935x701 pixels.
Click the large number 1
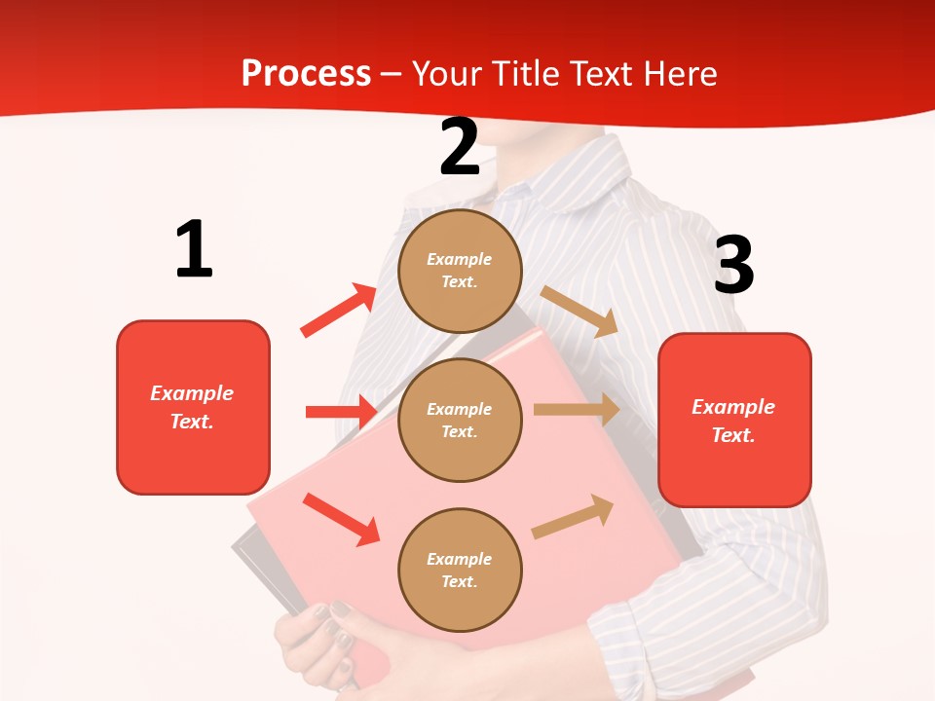coord(194,249)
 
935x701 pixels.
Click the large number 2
coord(460,147)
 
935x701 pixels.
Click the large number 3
coord(733,265)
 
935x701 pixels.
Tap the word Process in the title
coord(306,73)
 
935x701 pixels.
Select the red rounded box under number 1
coord(193,407)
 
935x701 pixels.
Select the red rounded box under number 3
coord(734,421)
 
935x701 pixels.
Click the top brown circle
coord(460,271)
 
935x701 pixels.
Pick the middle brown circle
coord(460,420)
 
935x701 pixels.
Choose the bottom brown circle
coord(460,570)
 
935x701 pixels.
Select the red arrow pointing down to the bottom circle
coord(341,518)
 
